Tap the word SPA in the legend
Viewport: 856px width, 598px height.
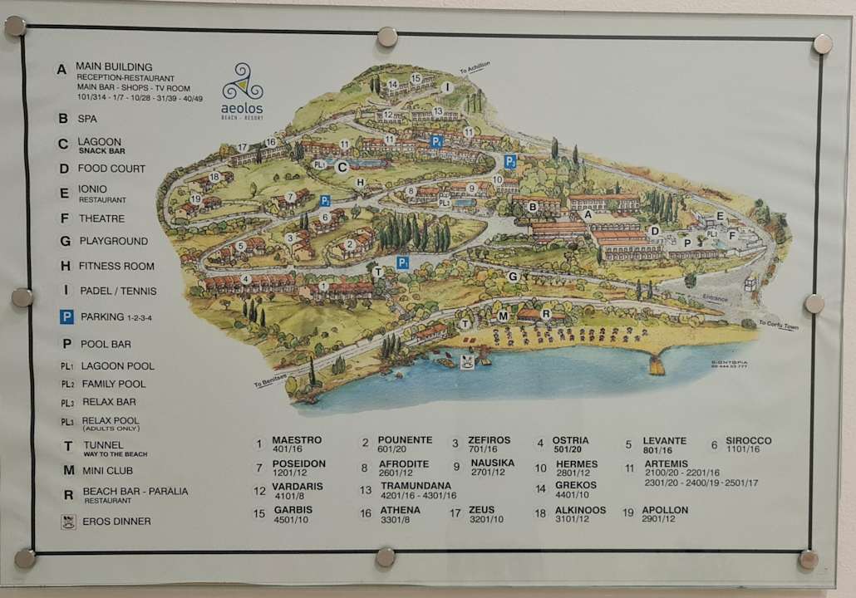click(x=87, y=119)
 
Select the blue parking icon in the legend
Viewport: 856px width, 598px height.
click(x=66, y=316)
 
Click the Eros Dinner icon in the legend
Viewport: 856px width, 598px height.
click(x=66, y=522)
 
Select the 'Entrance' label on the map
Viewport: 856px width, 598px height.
click(x=714, y=298)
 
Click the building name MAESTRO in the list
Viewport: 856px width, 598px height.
click(x=297, y=440)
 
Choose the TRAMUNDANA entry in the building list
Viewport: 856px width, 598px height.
click(x=416, y=486)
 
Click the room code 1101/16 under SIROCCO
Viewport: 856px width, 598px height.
click(x=742, y=449)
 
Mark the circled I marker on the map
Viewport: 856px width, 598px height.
click(x=447, y=86)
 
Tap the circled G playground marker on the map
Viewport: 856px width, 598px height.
click(x=513, y=276)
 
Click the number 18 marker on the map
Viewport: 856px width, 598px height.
click(x=215, y=176)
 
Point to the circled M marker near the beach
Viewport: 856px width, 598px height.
click(x=503, y=316)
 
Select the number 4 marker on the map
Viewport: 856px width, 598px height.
click(x=246, y=279)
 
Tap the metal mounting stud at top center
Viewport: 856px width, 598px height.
click(x=386, y=36)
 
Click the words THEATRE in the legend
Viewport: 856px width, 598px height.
click(x=101, y=218)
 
